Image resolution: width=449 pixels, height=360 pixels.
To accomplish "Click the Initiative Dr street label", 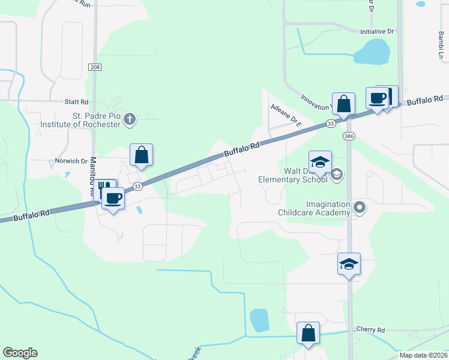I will coord(376,31).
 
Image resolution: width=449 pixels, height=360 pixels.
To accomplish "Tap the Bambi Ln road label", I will coord(441,46).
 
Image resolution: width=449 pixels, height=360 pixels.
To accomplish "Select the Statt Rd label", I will coord(77,103).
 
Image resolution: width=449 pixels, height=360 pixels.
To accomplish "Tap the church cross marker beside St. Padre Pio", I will coord(129,119).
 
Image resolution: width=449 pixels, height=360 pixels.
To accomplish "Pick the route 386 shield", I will coord(349,137).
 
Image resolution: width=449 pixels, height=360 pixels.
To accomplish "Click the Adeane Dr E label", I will coord(285,113).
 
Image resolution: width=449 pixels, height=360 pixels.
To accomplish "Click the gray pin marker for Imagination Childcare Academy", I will coord(360,208).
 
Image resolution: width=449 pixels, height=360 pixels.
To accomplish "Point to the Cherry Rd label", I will coord(370,329).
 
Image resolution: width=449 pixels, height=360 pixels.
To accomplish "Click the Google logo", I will coord(20,352).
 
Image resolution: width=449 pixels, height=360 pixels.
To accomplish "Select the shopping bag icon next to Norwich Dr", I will coord(141,155).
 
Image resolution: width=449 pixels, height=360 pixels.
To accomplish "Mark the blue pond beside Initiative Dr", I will coord(372,52).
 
